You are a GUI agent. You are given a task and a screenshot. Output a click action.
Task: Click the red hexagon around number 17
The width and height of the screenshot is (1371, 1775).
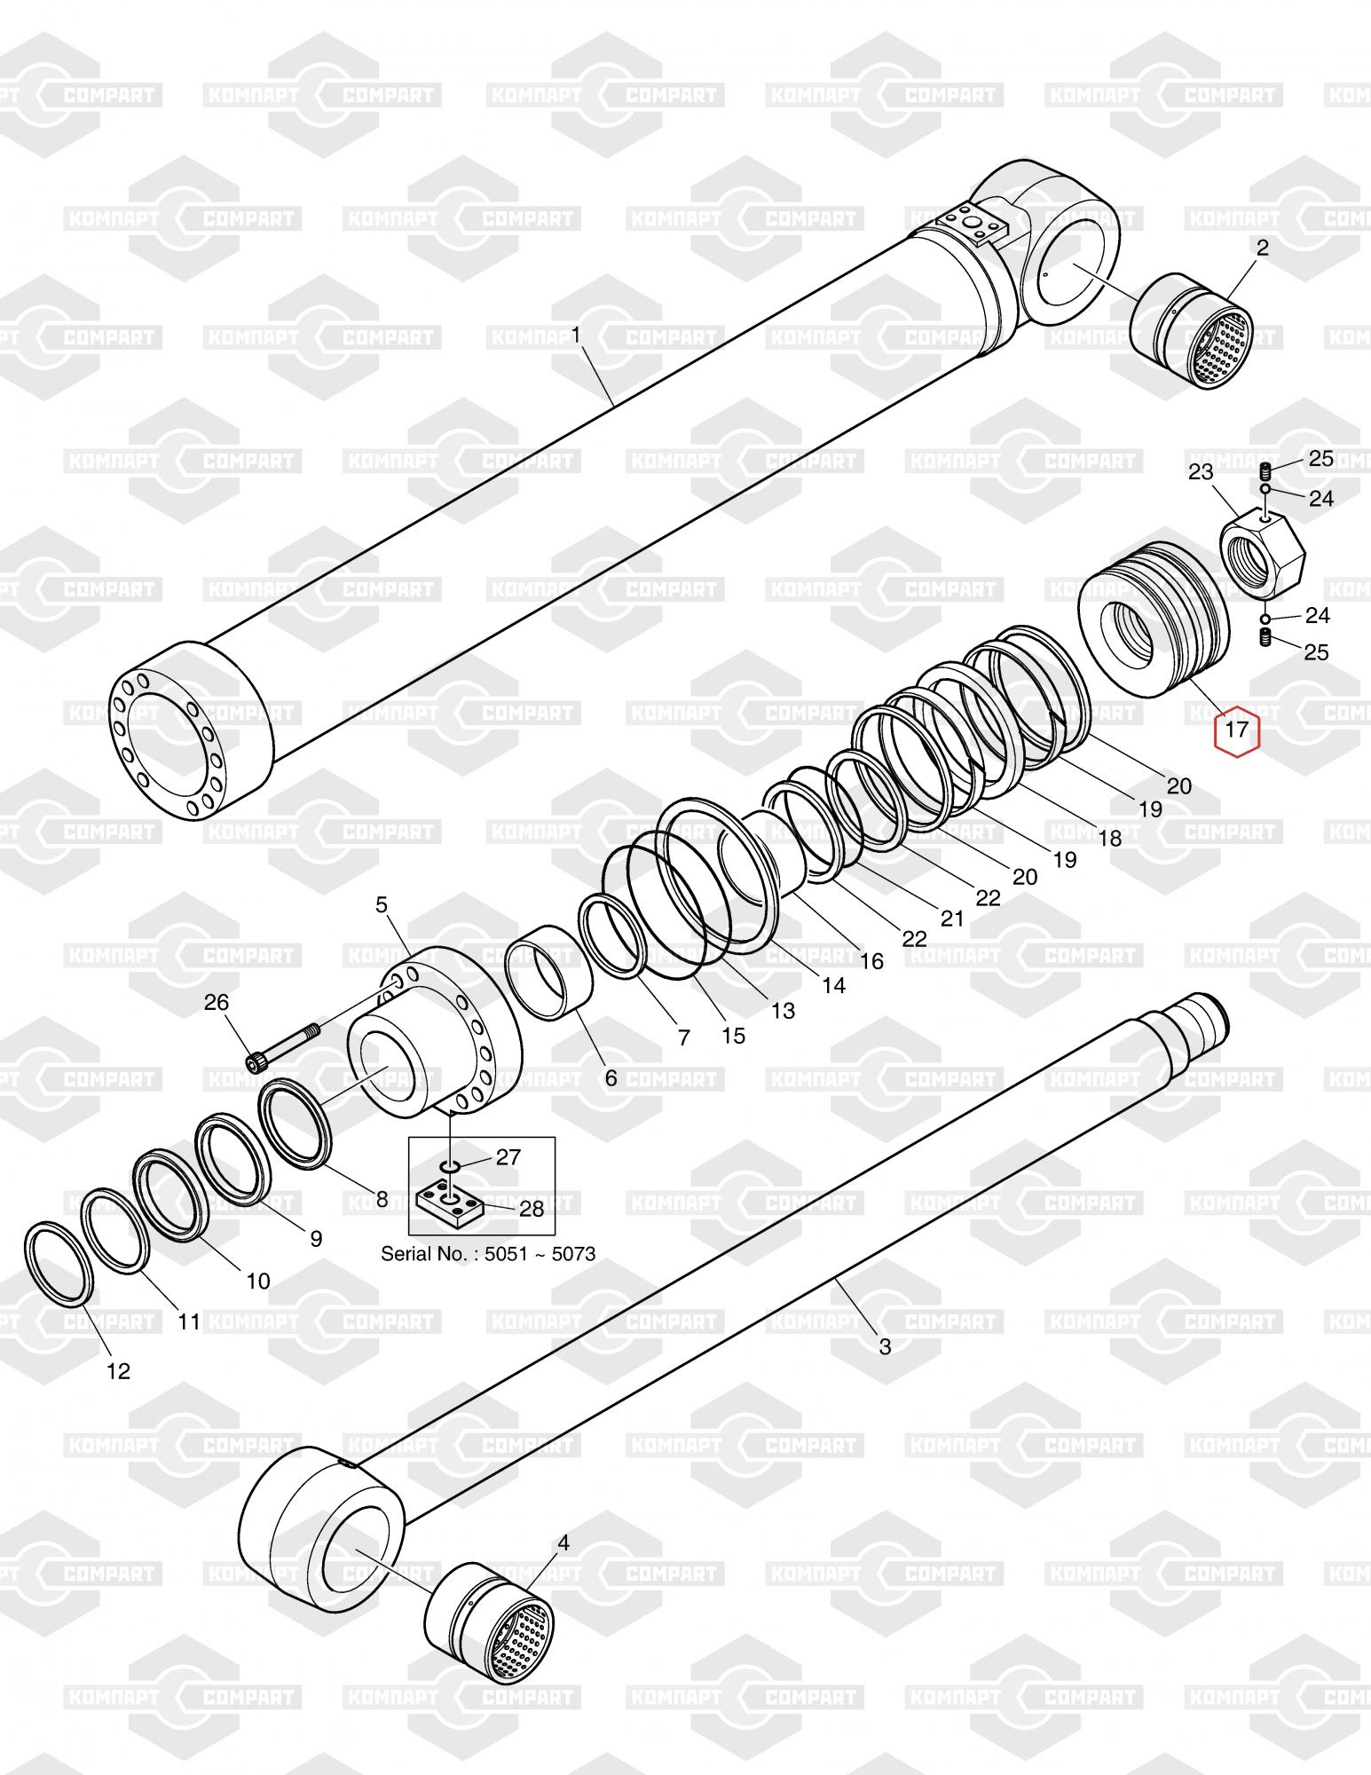tap(1237, 731)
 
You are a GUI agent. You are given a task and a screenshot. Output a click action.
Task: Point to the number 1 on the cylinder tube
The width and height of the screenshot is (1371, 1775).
tap(576, 335)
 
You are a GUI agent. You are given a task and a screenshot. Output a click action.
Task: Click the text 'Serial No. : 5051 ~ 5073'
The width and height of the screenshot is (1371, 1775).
tap(487, 1254)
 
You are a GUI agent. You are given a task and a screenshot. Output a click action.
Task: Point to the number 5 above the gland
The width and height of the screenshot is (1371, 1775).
tap(382, 905)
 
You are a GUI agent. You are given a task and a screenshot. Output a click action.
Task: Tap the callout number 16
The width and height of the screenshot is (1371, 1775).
tap(871, 960)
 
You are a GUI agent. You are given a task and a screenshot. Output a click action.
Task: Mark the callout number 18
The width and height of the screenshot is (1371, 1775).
tap(1109, 837)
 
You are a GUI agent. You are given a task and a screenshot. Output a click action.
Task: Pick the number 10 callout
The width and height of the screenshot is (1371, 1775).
tap(257, 1281)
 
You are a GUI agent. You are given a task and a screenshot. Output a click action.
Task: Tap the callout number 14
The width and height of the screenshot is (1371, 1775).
tap(833, 984)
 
